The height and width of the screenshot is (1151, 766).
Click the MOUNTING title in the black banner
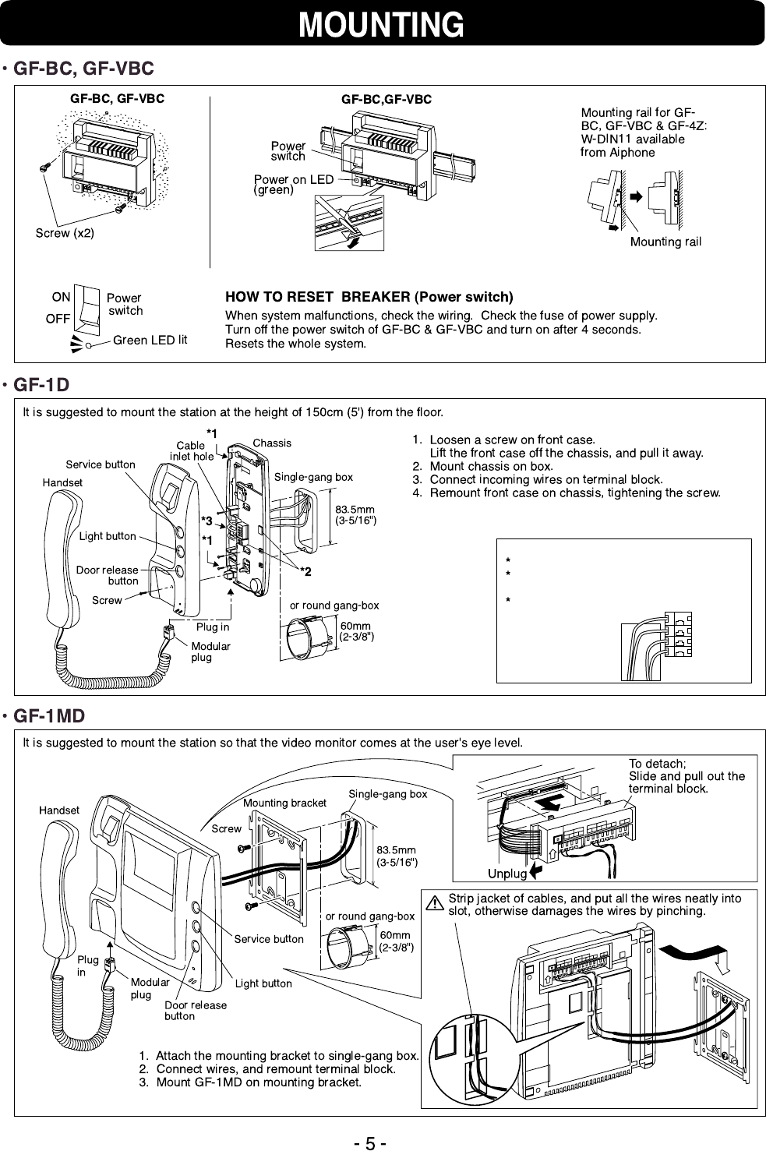pyautogui.click(x=382, y=24)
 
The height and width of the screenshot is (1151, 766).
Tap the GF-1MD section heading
pyautogui.click(x=49, y=715)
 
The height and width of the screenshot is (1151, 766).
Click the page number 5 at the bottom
pyautogui.click(x=371, y=1143)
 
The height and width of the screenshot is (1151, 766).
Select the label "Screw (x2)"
pyautogui.click(x=65, y=233)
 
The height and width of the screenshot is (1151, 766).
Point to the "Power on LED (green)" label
pyautogui.click(x=293, y=184)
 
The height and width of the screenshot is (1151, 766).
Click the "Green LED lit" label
pyautogui.click(x=150, y=339)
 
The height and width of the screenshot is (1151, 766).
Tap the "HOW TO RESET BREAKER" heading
pyautogui.click(x=369, y=297)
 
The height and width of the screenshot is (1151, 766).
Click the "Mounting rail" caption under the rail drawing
pyautogui.click(x=665, y=242)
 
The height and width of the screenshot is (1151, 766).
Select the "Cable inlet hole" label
pyautogui.click(x=192, y=450)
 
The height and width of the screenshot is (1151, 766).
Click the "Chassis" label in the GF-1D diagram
pyautogui.click(x=272, y=443)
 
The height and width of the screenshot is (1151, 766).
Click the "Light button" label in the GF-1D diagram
pyautogui.click(x=108, y=536)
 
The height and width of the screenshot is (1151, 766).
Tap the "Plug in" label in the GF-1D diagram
pyautogui.click(x=213, y=627)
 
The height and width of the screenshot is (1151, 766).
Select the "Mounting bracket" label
pyautogui.click(x=284, y=803)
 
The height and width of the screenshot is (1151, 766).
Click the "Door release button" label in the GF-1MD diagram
pyautogui.click(x=196, y=1010)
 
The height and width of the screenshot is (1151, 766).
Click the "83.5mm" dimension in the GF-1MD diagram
pyautogui.click(x=396, y=849)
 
